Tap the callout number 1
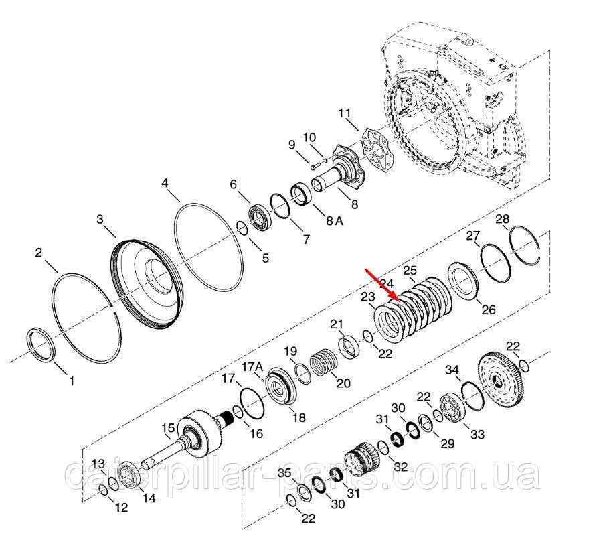click(x=72, y=381)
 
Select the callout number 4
click(x=165, y=183)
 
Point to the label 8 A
click(x=335, y=220)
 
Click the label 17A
click(x=252, y=366)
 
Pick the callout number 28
click(x=503, y=219)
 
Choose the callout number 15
click(x=168, y=428)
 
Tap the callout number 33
click(x=477, y=435)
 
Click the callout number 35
click(x=285, y=472)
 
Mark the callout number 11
click(x=345, y=113)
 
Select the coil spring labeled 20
click(x=324, y=362)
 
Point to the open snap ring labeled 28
click(x=525, y=245)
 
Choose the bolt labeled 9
click(x=313, y=167)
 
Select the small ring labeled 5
click(x=242, y=228)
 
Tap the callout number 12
click(x=121, y=507)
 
